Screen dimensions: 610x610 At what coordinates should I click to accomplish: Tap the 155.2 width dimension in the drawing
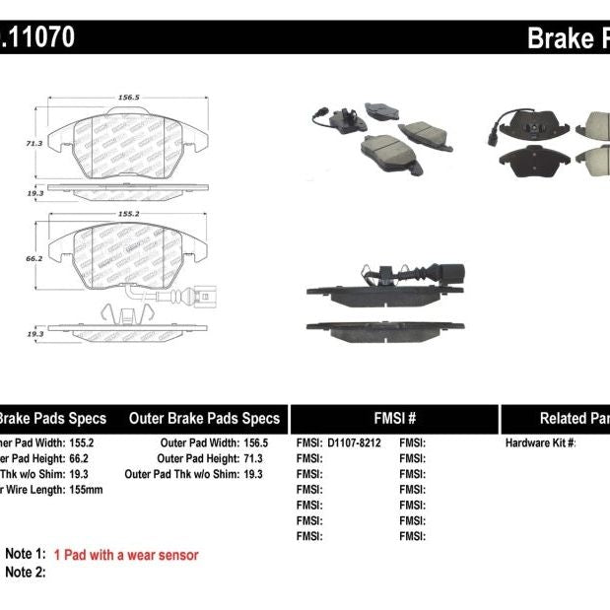pos(127,212)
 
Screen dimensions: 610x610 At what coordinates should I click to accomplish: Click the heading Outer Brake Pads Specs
pos(205,418)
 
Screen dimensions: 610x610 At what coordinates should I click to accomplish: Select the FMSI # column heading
pos(393,418)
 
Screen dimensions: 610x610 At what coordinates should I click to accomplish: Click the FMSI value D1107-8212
pos(353,443)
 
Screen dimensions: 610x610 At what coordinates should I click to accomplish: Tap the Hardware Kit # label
pos(541,443)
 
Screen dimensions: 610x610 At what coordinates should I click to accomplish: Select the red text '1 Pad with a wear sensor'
pos(126,555)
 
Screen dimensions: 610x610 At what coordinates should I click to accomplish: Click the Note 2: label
pos(26,572)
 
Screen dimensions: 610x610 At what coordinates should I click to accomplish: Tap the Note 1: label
pos(26,555)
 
